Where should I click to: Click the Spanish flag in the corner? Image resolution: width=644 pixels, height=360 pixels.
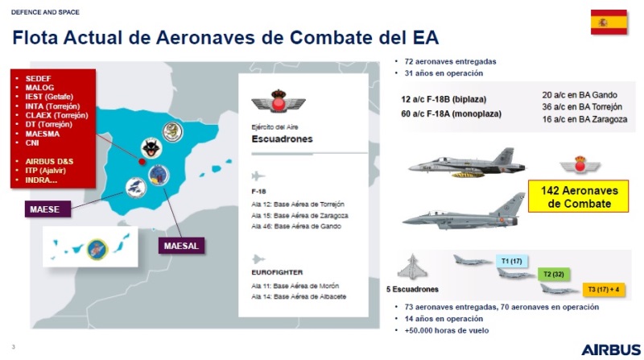(x=609, y=23)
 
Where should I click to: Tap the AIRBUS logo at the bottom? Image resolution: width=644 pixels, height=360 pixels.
(x=611, y=350)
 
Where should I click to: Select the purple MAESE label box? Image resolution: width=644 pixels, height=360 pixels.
(x=47, y=209)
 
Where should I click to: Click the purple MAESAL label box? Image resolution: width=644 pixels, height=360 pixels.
(x=181, y=246)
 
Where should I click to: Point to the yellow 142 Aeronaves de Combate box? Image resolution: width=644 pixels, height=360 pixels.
(x=578, y=197)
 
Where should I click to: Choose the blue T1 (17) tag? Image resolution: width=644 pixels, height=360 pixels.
(x=511, y=261)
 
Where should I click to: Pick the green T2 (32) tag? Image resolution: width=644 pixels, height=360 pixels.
(x=554, y=274)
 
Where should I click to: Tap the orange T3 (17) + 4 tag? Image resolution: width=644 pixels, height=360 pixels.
(x=603, y=289)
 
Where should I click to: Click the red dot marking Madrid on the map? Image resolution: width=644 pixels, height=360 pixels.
(x=142, y=162)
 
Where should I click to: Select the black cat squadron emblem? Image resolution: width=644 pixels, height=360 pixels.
(x=151, y=148)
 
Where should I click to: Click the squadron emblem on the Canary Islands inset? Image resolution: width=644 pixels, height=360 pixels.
(x=97, y=250)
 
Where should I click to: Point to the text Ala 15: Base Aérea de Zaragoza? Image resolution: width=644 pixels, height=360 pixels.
(x=299, y=215)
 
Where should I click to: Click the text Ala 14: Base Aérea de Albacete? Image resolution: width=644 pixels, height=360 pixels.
(x=299, y=296)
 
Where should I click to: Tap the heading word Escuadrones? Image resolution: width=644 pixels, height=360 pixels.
(x=283, y=139)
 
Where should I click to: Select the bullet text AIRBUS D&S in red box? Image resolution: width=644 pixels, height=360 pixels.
(x=49, y=162)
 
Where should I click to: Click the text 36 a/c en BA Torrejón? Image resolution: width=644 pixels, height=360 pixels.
(x=582, y=107)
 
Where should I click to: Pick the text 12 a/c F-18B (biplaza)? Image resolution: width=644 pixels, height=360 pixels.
(x=444, y=99)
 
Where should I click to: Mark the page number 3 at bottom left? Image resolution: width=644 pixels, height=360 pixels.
(x=13, y=347)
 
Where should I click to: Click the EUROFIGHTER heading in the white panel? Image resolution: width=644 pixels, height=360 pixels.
(x=277, y=272)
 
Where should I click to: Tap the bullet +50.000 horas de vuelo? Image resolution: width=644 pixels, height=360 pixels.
(x=447, y=330)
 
